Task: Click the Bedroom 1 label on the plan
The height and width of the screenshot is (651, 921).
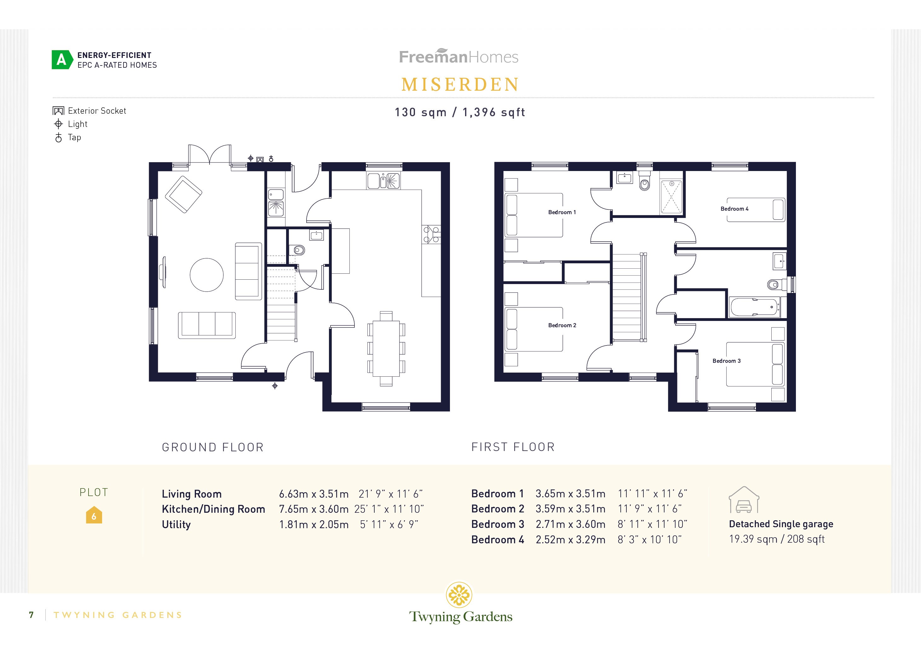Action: [x=561, y=212]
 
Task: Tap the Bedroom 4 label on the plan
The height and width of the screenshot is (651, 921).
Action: [x=734, y=209]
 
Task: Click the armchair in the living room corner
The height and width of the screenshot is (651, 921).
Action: [x=183, y=194]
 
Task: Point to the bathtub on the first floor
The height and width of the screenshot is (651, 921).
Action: [x=754, y=307]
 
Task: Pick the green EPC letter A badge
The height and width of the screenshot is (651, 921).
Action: [x=62, y=60]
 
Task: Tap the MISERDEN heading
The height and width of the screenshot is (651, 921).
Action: [x=460, y=85]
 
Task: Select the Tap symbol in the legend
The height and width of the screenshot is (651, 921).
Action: [x=59, y=138]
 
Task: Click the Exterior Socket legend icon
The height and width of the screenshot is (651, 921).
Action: [x=59, y=111]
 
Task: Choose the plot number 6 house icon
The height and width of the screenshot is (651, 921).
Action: [x=94, y=516]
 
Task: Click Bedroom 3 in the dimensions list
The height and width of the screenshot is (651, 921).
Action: [x=498, y=524]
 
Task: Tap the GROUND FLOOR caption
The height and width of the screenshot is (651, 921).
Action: [x=213, y=447]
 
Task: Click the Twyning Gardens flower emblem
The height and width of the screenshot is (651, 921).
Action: [x=459, y=595]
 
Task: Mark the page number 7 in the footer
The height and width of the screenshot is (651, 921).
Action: [x=31, y=615]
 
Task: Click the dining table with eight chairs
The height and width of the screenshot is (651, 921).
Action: [x=386, y=348]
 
